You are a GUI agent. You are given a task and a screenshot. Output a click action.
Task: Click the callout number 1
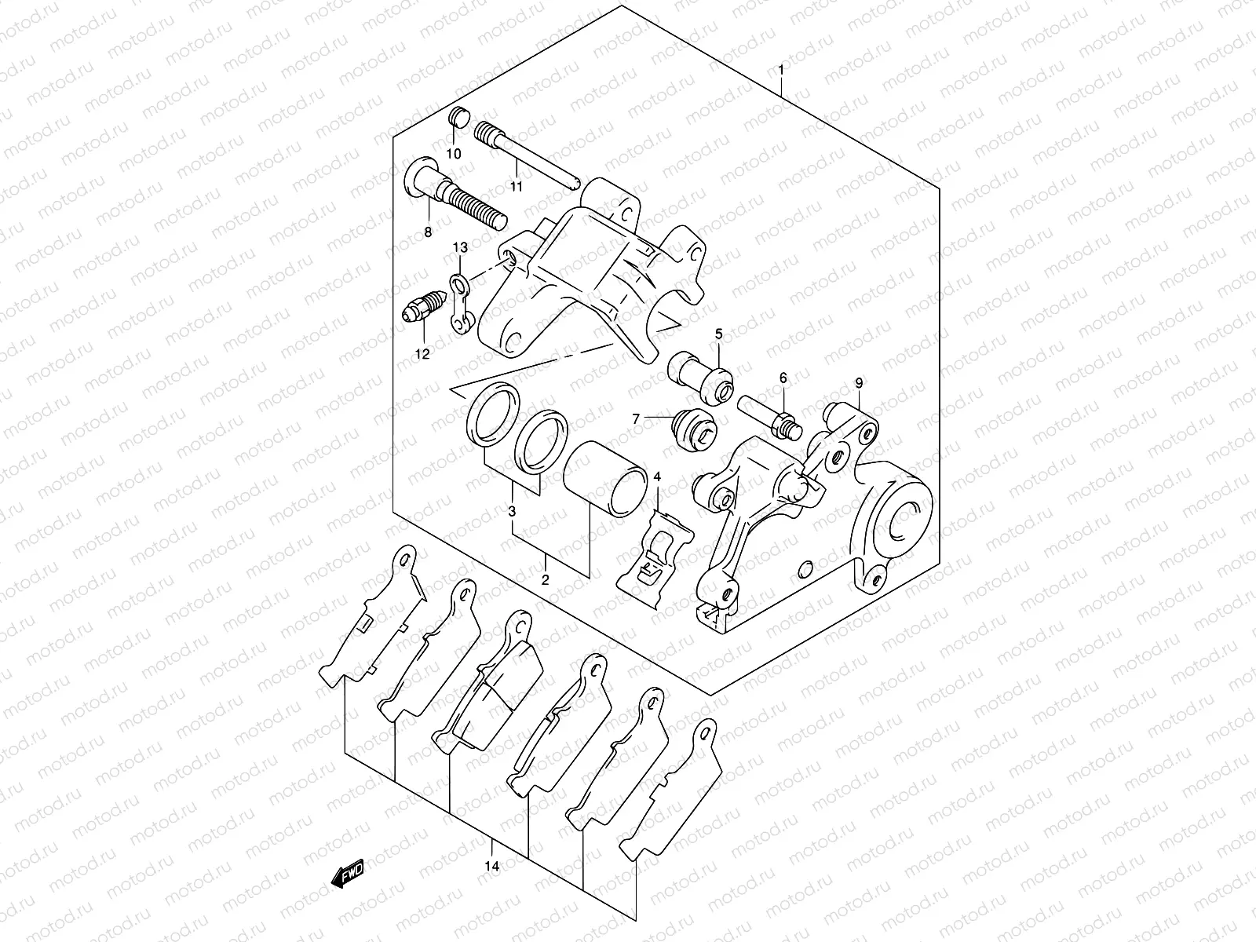[780, 71]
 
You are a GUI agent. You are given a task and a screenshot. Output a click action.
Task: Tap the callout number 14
[492, 867]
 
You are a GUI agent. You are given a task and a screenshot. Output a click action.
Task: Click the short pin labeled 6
[766, 414]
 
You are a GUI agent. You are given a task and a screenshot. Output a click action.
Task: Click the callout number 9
[859, 383]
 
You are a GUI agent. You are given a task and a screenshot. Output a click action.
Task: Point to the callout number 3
[512, 512]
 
